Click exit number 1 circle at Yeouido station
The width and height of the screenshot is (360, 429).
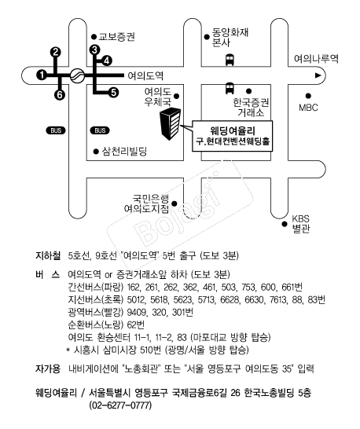click(42, 75)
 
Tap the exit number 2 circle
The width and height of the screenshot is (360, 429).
click(56, 52)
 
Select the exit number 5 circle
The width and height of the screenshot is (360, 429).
click(114, 93)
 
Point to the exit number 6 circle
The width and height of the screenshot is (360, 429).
click(60, 95)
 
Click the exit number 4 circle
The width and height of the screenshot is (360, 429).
click(106, 60)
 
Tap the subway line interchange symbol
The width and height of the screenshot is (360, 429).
click(77, 75)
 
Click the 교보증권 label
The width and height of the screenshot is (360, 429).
click(117, 37)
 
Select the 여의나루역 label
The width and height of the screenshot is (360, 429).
click(316, 59)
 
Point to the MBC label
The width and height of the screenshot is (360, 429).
click(309, 107)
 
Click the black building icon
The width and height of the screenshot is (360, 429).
click(171, 123)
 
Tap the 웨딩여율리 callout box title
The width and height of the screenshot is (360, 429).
click(233, 130)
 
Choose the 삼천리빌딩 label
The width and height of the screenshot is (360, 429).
click(124, 151)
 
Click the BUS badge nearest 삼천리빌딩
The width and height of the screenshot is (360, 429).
click(100, 130)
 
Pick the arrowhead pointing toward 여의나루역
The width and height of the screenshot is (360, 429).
click(318, 75)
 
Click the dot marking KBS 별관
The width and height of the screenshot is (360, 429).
click(285, 224)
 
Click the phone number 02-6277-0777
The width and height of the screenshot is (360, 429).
click(120, 405)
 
